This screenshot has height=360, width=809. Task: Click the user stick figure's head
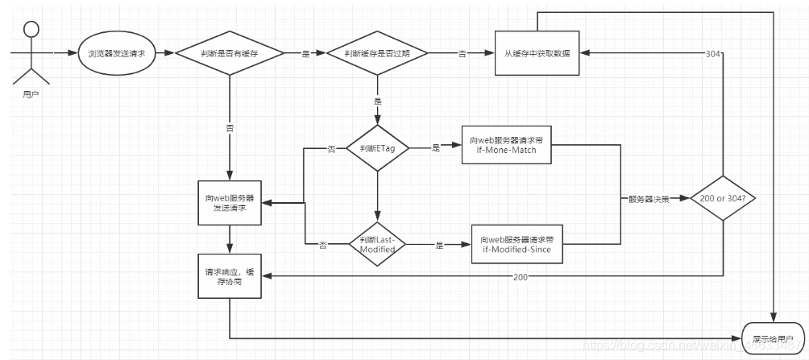(x=31, y=30)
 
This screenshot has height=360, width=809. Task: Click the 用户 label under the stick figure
(x=31, y=94)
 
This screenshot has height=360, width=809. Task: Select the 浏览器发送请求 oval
(x=118, y=53)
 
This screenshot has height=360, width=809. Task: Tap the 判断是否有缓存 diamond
(x=230, y=53)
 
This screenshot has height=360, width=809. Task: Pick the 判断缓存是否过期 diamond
(x=376, y=53)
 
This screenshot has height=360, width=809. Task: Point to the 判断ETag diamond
(x=376, y=148)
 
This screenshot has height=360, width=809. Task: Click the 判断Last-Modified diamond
(x=376, y=245)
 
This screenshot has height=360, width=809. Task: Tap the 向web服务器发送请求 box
(x=230, y=202)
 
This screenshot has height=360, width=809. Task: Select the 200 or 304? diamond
(x=722, y=197)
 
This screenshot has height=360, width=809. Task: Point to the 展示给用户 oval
(x=772, y=338)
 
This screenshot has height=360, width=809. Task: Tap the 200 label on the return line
(x=521, y=276)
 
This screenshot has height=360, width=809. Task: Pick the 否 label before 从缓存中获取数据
(x=462, y=54)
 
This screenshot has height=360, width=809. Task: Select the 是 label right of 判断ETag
(x=436, y=148)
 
